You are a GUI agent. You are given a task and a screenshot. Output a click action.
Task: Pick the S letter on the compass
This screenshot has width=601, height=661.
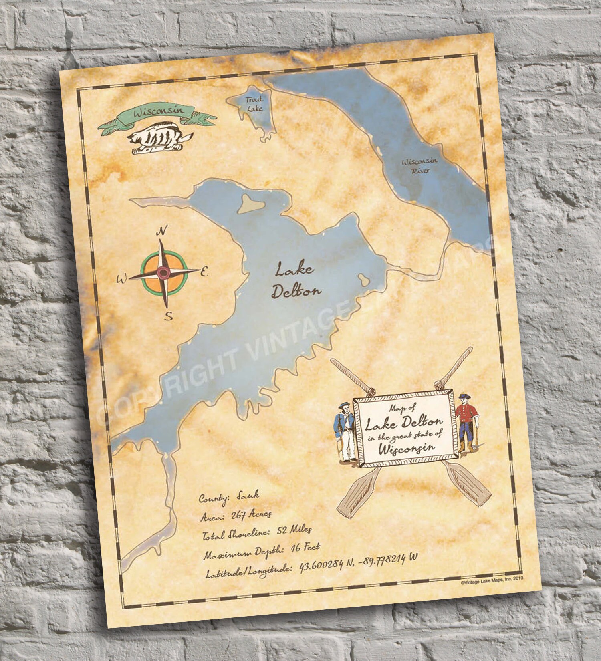(x=169, y=317)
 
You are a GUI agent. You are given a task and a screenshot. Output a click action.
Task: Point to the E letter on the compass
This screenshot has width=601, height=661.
(x=204, y=272)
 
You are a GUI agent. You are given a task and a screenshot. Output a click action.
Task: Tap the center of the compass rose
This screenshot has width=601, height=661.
(x=163, y=273)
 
